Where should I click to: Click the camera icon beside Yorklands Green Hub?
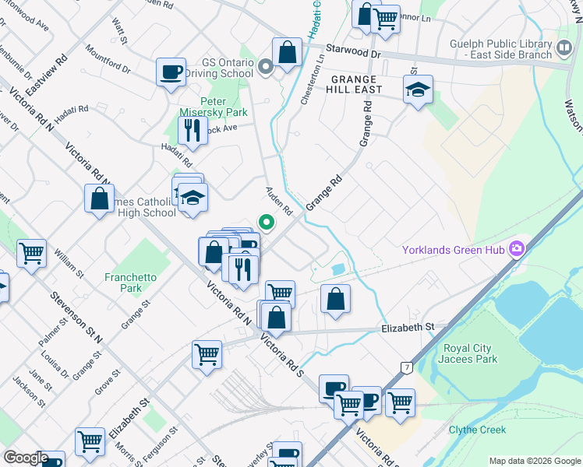[x=515, y=250]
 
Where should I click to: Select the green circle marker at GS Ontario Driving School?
[x=267, y=66]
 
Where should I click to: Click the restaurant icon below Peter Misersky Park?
[x=191, y=129]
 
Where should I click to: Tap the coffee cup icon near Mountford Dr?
[x=171, y=72]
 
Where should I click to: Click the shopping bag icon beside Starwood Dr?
[x=287, y=53]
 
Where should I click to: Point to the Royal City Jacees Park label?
[x=481, y=353]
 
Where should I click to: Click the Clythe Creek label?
[x=477, y=430]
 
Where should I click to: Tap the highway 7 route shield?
[x=406, y=366]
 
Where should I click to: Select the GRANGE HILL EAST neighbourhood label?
[x=355, y=84]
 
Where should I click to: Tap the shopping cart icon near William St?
[x=32, y=252]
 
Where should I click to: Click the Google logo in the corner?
[x=25, y=458]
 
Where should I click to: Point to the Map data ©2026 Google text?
[x=534, y=461]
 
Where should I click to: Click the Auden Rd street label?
[x=278, y=200]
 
